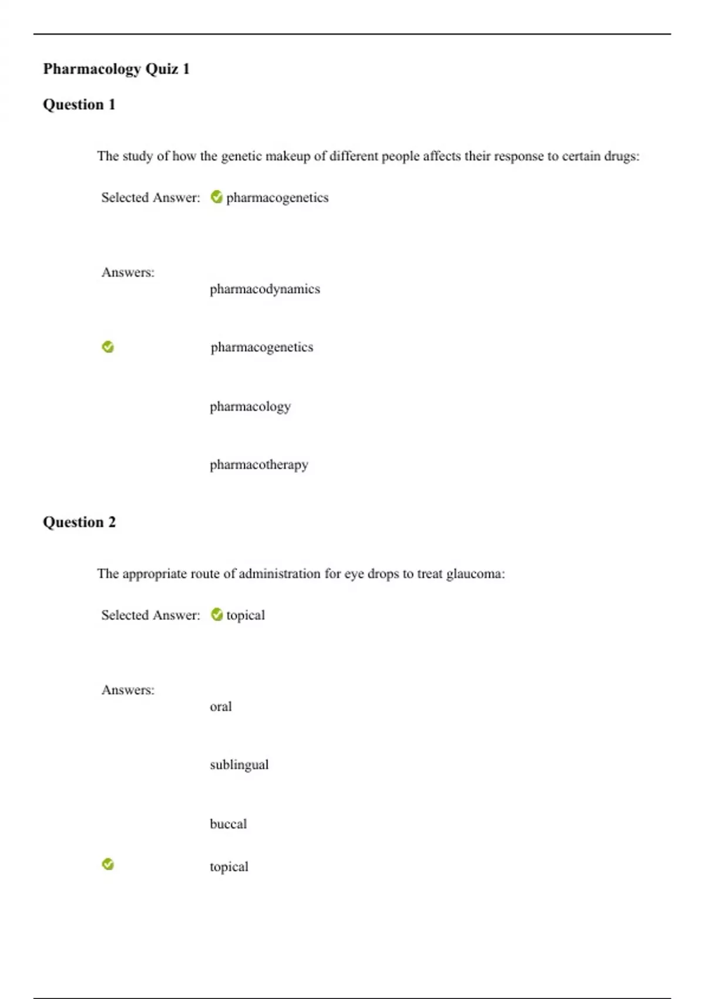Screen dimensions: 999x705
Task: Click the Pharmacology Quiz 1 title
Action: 116,69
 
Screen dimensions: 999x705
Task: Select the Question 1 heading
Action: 79,105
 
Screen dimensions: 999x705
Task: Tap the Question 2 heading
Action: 79,522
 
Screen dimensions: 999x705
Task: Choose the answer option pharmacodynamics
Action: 264,289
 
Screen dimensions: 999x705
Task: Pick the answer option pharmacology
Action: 250,407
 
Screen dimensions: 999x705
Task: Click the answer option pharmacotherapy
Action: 258,465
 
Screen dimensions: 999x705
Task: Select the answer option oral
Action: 220,706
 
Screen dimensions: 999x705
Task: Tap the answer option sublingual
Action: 239,765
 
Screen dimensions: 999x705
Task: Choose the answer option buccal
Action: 228,824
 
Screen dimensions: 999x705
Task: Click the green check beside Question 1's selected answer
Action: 217,197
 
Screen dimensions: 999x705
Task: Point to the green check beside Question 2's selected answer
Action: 217,615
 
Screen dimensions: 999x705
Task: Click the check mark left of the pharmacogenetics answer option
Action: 108,347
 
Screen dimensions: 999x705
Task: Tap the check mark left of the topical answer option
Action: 108,864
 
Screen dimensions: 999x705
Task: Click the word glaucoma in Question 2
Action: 475,574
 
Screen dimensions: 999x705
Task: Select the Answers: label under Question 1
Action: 127,272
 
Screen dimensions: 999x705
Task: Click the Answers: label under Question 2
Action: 127,690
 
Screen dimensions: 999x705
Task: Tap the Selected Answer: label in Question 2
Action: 150,615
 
